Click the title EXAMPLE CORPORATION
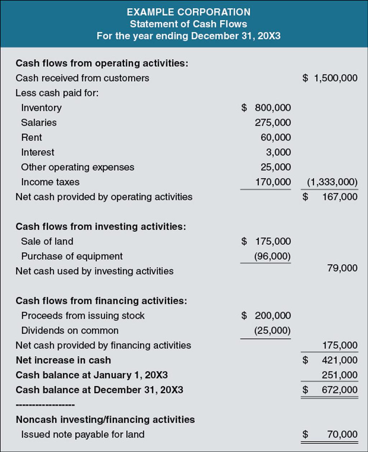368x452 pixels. [188, 12]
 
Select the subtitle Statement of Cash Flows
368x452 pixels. [188, 24]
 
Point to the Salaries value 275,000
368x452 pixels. [273, 123]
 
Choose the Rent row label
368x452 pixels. [32, 137]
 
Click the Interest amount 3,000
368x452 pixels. [278, 152]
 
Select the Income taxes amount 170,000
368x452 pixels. [273, 182]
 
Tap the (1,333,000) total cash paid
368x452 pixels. [332, 182]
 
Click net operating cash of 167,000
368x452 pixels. [340, 197]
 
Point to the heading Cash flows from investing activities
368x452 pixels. [101, 227]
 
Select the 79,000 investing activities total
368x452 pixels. [342, 268]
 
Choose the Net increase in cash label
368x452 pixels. [63, 360]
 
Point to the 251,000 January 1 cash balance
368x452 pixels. [340, 375]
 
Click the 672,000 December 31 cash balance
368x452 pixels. [340, 390]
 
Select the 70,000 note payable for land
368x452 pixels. [342, 434]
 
